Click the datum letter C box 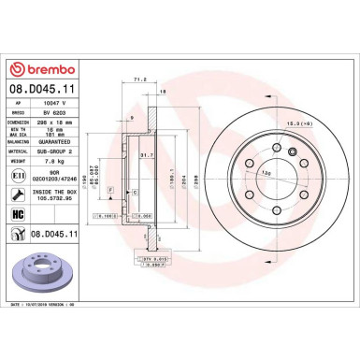tap(136, 191)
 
